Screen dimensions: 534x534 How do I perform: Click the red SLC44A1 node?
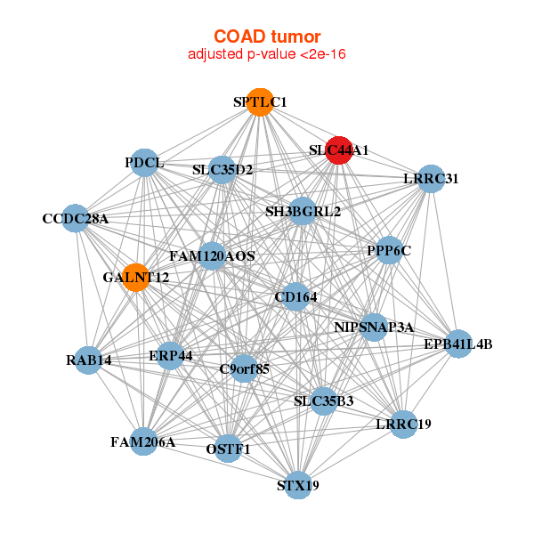click(x=339, y=150)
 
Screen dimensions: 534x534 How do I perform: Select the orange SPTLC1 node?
click(x=260, y=102)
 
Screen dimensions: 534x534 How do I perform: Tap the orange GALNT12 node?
click(x=136, y=277)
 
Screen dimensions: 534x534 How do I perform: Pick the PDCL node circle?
click(x=145, y=163)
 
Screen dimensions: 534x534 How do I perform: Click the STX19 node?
click(x=298, y=485)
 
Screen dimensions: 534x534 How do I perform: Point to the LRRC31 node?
click(x=431, y=179)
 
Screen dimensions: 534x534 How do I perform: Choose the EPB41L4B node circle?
click(x=458, y=344)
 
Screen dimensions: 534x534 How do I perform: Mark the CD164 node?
click(x=296, y=296)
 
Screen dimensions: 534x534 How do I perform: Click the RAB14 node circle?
click(x=88, y=360)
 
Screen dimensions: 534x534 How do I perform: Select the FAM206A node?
click(x=143, y=441)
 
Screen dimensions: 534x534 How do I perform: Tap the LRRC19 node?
click(x=403, y=425)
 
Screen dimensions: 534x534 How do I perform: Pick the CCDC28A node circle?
click(x=76, y=218)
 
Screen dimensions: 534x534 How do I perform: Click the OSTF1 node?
click(x=228, y=449)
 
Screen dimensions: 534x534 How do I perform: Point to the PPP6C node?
click(x=389, y=250)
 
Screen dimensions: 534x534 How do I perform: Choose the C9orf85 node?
click(x=244, y=368)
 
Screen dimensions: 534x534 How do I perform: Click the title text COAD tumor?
click(x=267, y=36)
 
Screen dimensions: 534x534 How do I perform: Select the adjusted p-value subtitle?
click(x=267, y=54)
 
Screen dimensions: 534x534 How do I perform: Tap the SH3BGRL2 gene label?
click(x=303, y=212)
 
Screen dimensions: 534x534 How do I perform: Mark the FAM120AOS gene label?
click(x=212, y=256)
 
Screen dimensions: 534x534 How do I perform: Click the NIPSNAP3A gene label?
click(x=374, y=328)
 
